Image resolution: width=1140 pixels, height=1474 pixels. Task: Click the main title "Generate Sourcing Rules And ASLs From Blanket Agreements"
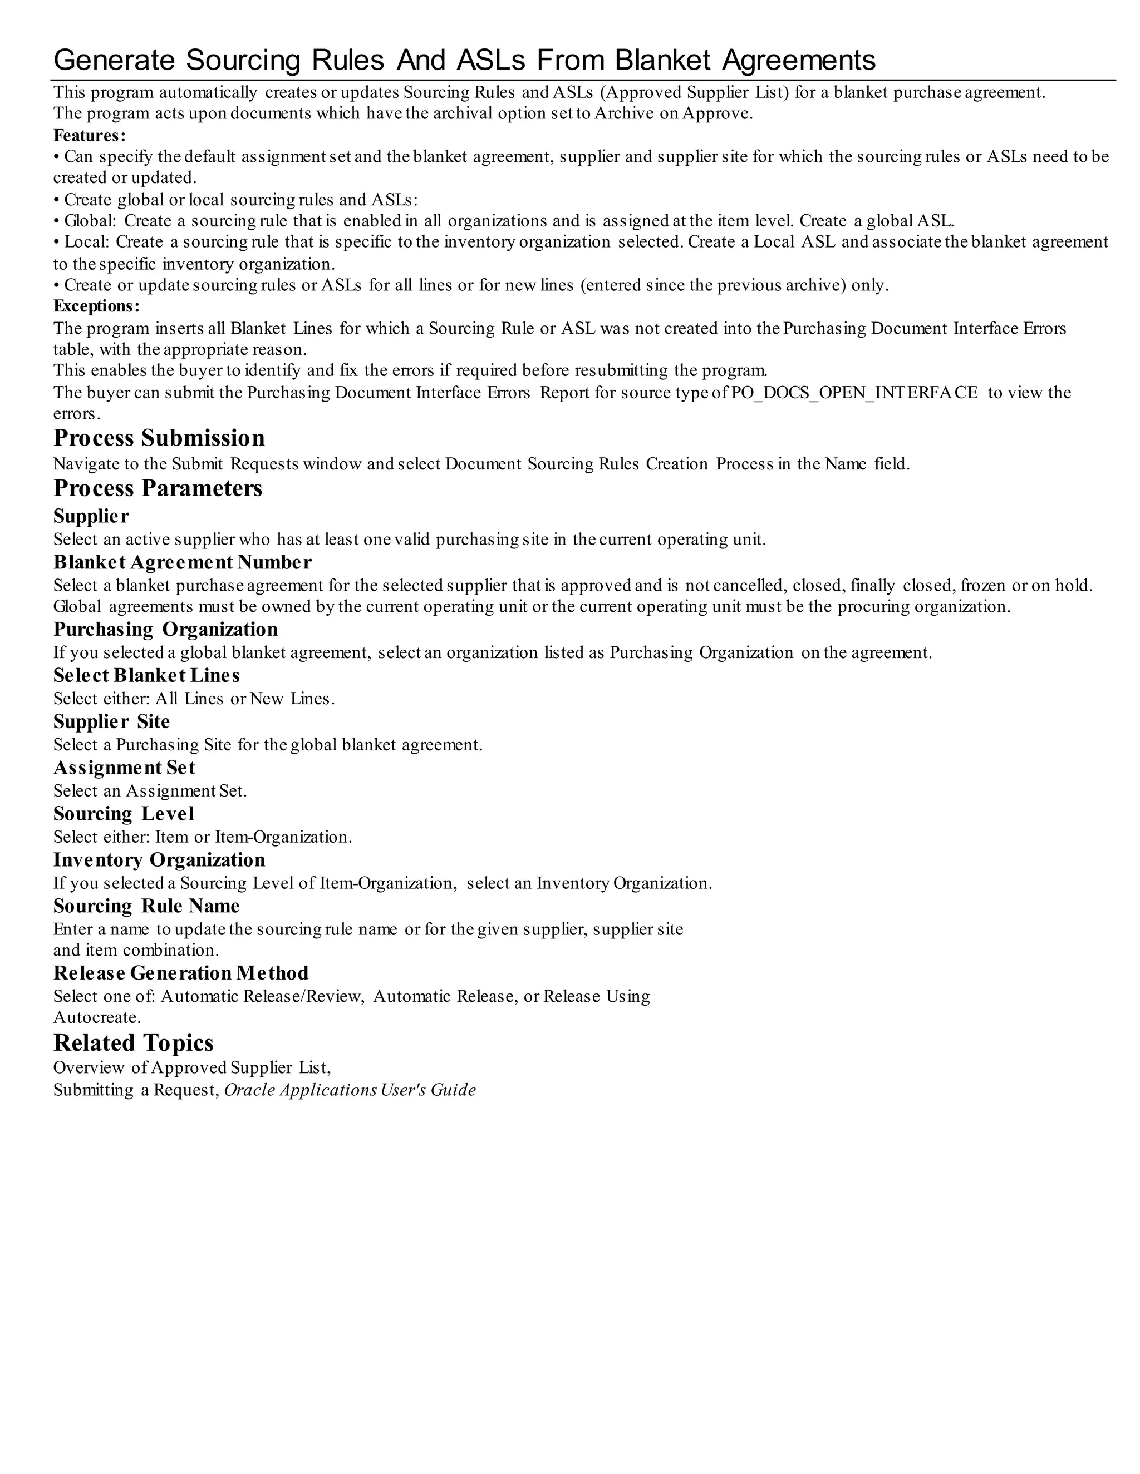coord(464,60)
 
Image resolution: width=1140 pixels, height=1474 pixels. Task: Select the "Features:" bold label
coord(90,135)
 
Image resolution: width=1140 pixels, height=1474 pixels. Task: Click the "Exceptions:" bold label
coord(96,306)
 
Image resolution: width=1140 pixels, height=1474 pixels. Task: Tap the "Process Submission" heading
coord(159,438)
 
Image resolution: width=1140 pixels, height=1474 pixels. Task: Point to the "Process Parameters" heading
coord(158,488)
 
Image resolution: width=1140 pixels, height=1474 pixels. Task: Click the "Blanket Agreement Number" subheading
coord(183,562)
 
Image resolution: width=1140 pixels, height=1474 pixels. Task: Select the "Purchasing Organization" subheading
coord(165,629)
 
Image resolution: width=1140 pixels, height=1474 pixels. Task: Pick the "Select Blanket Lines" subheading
coord(146,676)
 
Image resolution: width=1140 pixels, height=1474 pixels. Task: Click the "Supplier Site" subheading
coord(111,721)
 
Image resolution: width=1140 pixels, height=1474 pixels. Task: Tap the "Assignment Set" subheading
coord(124,768)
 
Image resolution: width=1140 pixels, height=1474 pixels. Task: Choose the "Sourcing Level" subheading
coord(124,814)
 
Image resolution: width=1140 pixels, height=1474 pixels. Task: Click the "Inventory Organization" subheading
coord(159,860)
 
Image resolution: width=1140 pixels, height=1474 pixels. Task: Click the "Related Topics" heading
coord(133,1043)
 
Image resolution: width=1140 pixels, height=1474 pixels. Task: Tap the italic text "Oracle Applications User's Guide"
coord(350,1090)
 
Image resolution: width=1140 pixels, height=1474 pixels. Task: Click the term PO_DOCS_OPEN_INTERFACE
coord(854,392)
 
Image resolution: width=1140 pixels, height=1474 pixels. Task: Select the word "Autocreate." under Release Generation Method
coord(96,1017)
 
